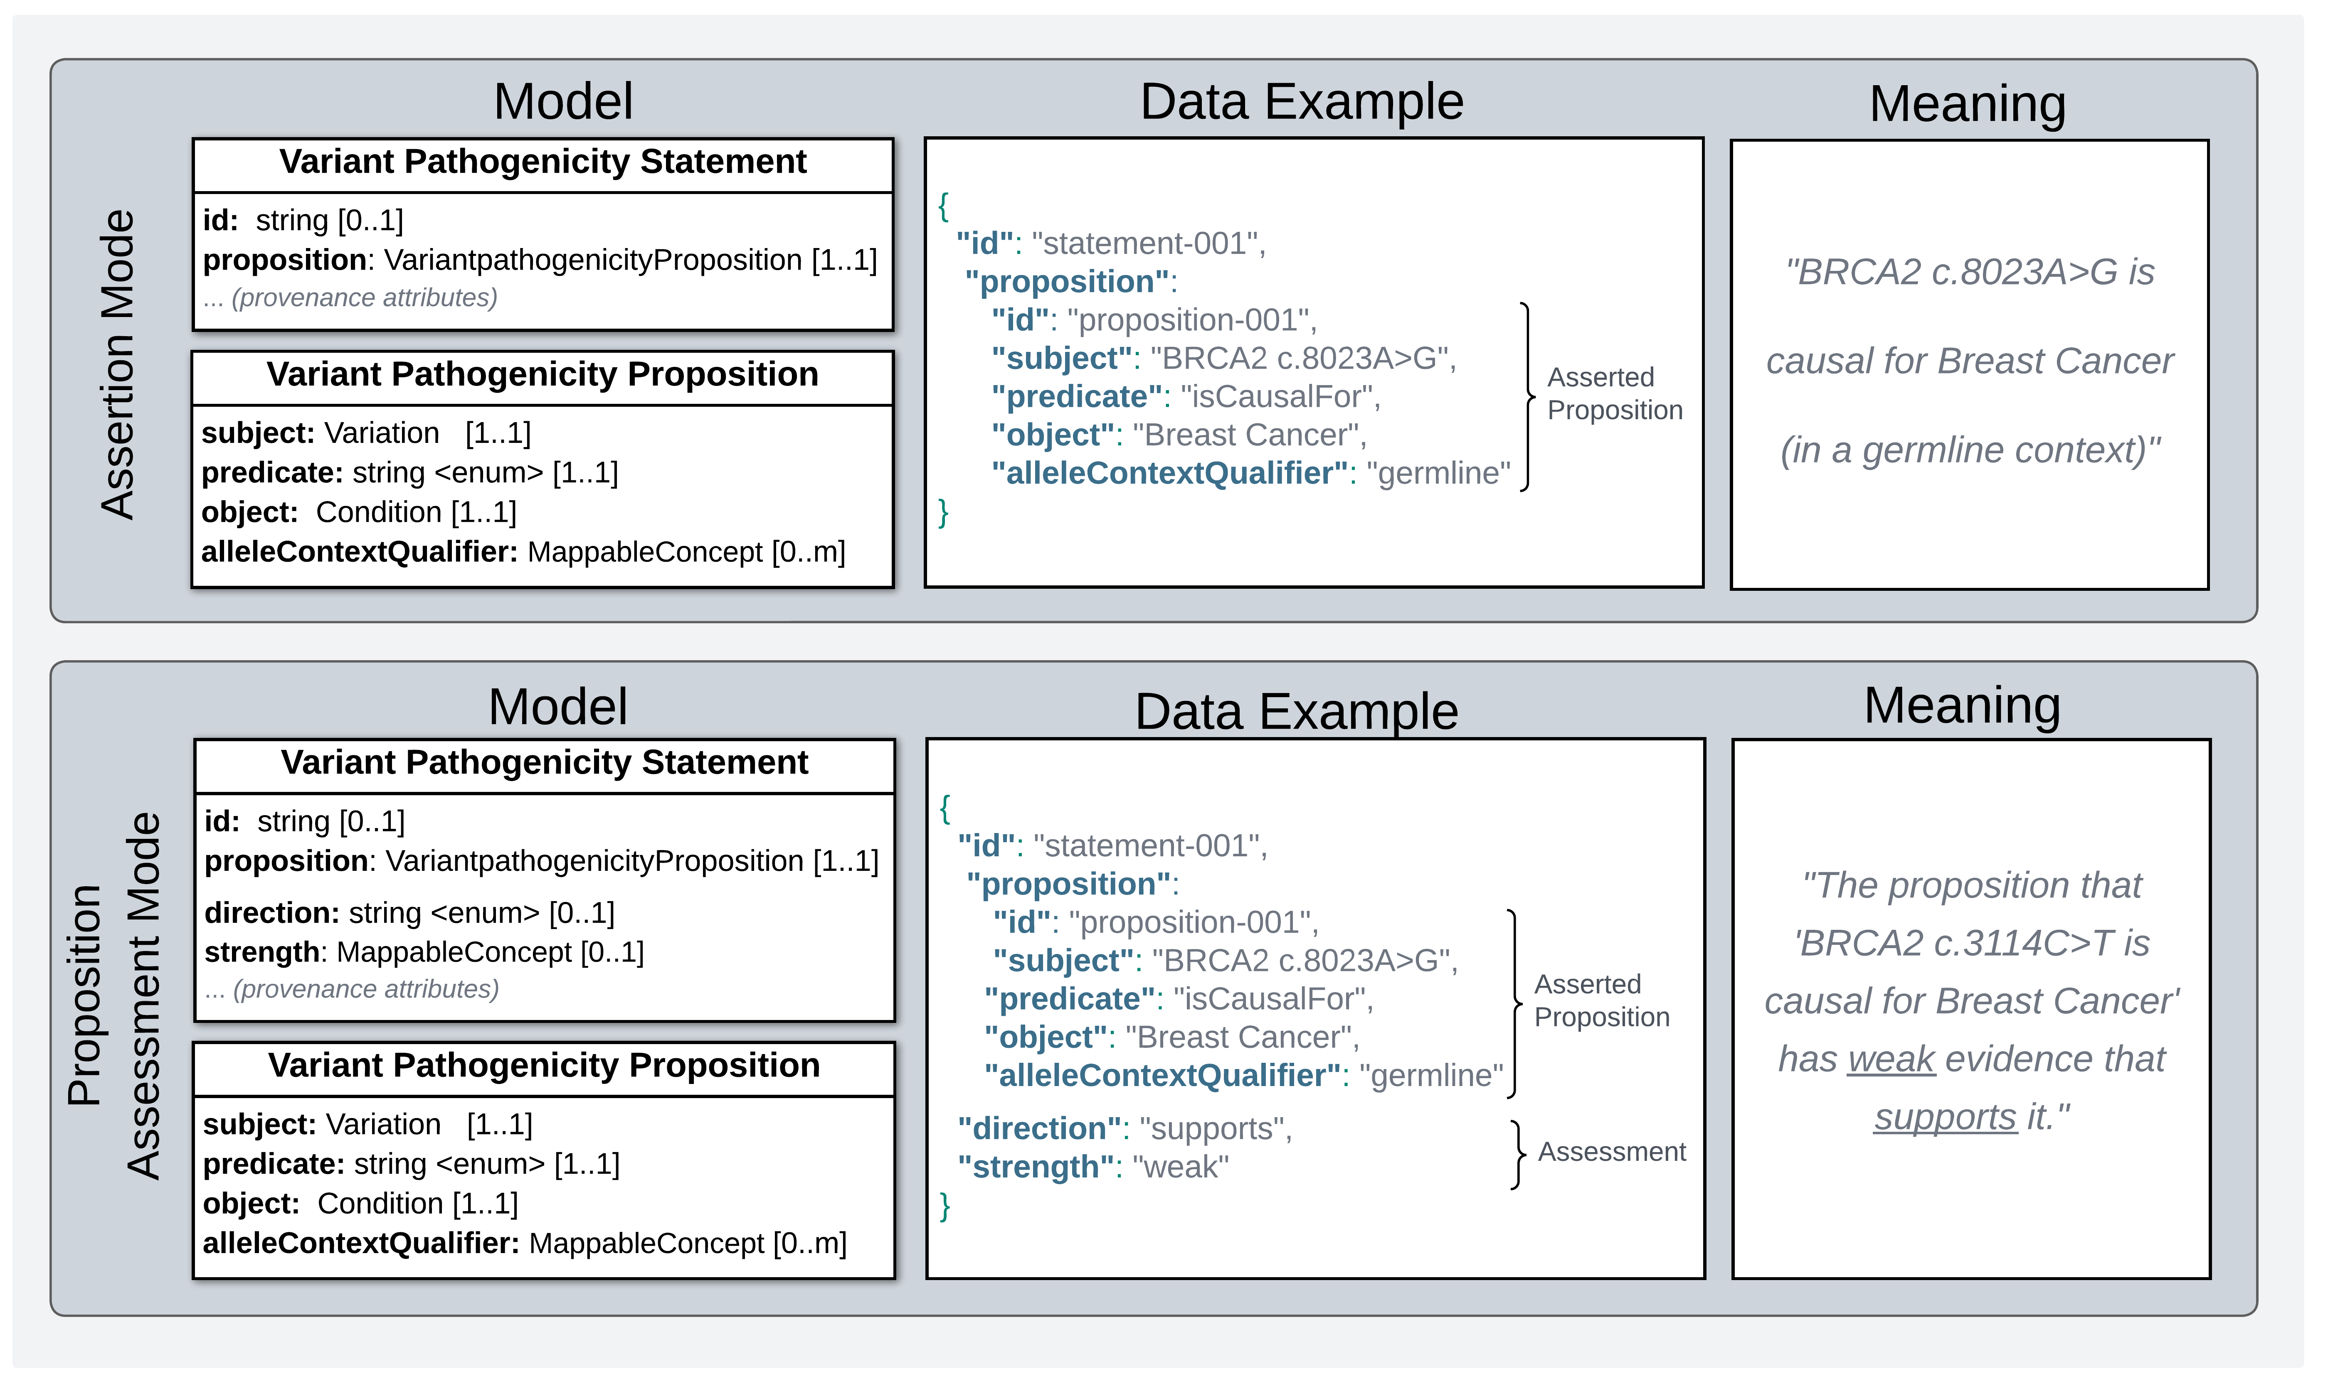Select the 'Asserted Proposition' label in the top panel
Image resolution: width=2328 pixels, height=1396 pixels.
pyautogui.click(x=1614, y=393)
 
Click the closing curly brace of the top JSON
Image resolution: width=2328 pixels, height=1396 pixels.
pyautogui.click(x=943, y=513)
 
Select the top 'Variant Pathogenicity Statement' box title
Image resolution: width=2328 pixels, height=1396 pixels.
pyautogui.click(x=543, y=162)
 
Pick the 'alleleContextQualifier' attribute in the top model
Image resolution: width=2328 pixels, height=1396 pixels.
pyautogui.click(x=358, y=551)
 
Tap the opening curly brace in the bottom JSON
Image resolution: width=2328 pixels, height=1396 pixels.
pyautogui.click(x=945, y=807)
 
